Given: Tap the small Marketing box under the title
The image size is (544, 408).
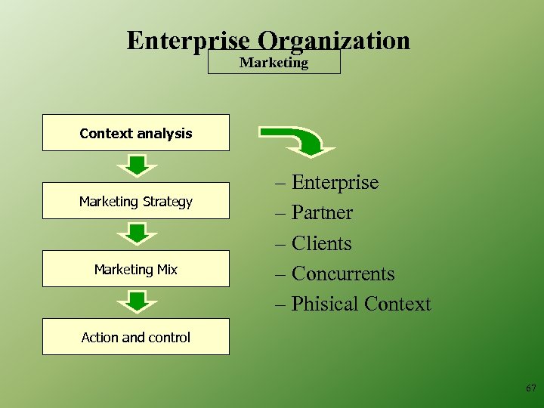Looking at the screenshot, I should (274, 63).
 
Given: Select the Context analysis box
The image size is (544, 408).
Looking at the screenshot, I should (136, 133).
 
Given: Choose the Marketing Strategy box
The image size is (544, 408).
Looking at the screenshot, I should (136, 201).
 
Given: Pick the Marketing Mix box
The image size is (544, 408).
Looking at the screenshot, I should (136, 269).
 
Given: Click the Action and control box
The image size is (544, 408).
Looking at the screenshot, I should (136, 337).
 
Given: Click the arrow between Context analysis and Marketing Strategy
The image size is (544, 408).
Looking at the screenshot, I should (136, 165).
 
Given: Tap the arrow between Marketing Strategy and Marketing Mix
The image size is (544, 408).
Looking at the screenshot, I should (136, 233).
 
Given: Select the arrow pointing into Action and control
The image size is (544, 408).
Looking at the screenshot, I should (136, 301).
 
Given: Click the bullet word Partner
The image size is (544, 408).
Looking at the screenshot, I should (322, 213).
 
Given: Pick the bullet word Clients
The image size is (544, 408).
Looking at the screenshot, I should (322, 243).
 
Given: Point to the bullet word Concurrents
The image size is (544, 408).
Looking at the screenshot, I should (343, 274).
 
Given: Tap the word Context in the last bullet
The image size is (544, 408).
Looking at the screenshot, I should (397, 304).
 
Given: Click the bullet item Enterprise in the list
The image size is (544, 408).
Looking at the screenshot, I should (335, 183).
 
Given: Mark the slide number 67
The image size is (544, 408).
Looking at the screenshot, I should (530, 388).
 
